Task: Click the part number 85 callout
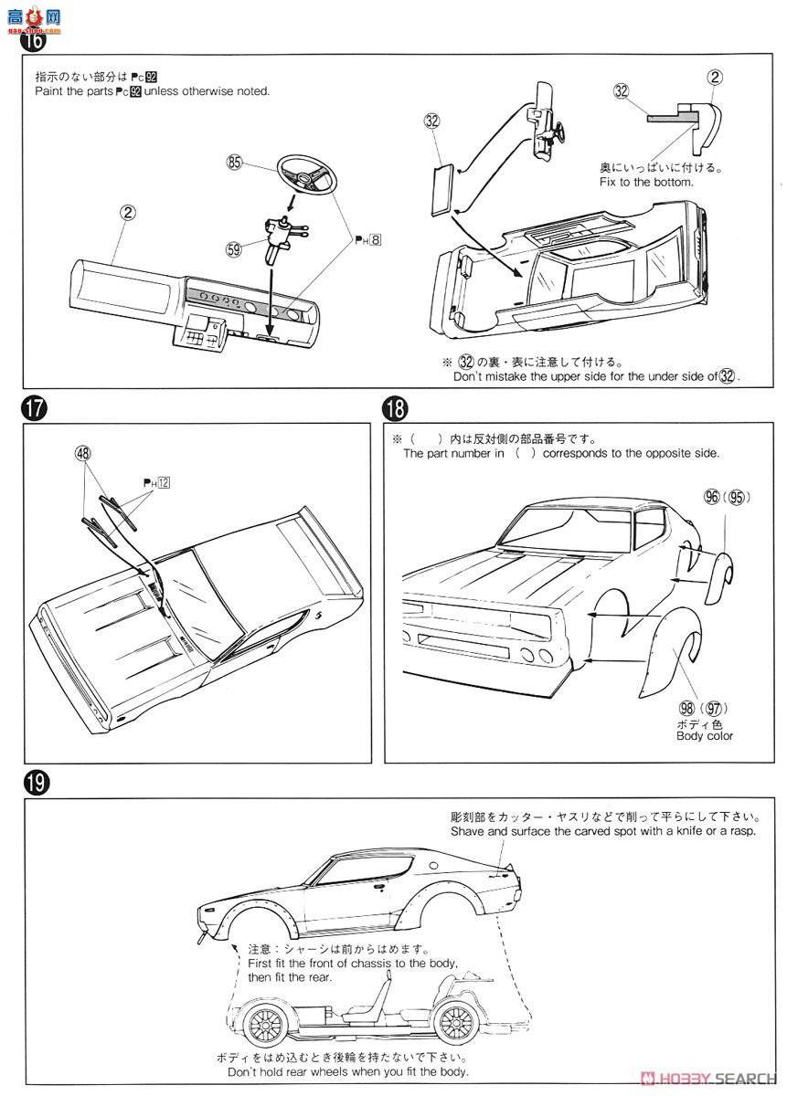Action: (236, 163)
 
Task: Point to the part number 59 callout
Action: (236, 247)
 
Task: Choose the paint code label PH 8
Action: (368, 240)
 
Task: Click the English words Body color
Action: (704, 735)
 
